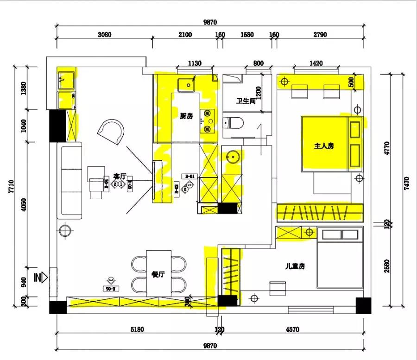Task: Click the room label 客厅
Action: click(120, 176)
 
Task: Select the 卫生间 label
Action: click(246, 101)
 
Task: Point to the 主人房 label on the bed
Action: click(324, 145)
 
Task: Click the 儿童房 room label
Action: click(294, 266)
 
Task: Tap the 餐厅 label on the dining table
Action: click(158, 274)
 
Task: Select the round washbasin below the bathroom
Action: click(232, 156)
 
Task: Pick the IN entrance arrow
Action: click(40, 278)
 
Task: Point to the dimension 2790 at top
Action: click(320, 34)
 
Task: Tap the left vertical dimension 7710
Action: click(11, 186)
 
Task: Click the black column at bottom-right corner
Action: click(363, 305)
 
